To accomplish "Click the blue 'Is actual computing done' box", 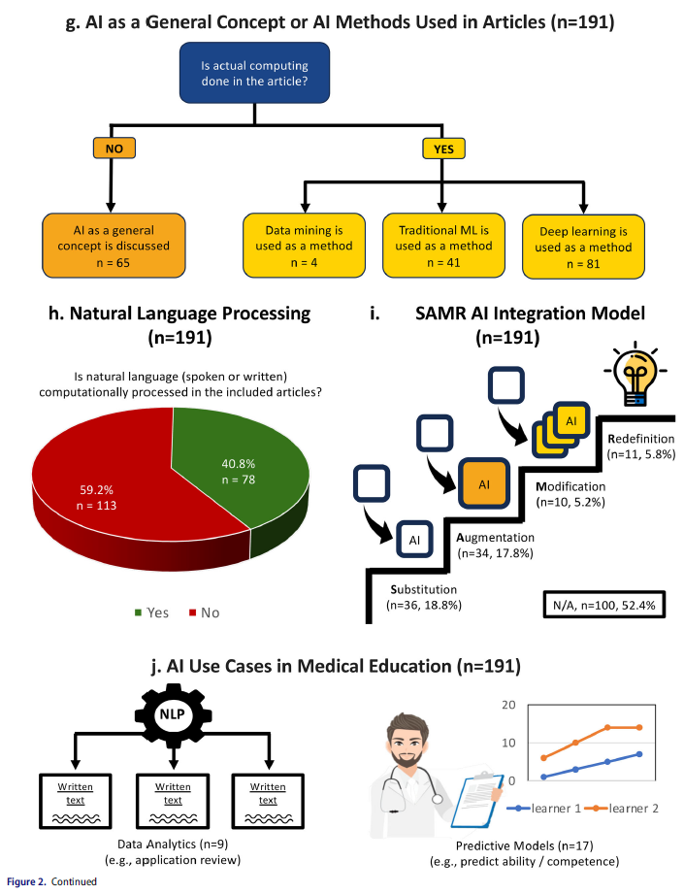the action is click(x=254, y=73).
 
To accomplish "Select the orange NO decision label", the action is click(x=114, y=149).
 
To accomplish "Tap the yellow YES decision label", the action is click(x=443, y=149).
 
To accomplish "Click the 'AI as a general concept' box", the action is click(x=114, y=246).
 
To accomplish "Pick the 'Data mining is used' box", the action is click(x=304, y=246).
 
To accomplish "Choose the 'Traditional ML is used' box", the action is click(x=443, y=246).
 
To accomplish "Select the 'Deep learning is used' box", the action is click(x=583, y=247).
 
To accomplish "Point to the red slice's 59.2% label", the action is click(x=96, y=490).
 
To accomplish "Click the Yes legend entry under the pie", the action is click(x=151, y=613).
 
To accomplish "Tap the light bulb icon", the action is click(x=635, y=377).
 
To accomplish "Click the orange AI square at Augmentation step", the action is click(x=484, y=483).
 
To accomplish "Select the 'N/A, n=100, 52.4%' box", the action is click(x=603, y=605).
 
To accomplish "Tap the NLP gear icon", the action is click(x=173, y=714).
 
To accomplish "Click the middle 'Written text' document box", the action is click(x=173, y=801).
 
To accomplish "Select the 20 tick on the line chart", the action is click(x=508, y=705).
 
